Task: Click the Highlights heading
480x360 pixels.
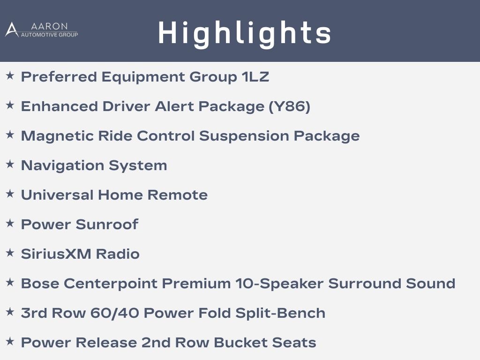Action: [245, 33]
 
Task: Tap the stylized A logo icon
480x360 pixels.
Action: [12, 30]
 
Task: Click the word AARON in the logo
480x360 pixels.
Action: [49, 26]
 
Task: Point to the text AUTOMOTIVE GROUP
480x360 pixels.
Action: [49, 35]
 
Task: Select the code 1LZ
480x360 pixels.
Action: [255, 77]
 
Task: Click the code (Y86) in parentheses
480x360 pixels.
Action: [289, 106]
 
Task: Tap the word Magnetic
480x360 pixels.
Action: [57, 136]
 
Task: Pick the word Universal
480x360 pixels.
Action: [57, 195]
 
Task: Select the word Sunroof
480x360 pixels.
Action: [107, 225]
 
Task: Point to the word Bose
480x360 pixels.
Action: [40, 284]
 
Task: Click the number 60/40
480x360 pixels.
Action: [114, 313]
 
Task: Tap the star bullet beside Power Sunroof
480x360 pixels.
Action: [10, 223]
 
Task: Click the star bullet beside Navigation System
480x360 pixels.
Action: [10, 164]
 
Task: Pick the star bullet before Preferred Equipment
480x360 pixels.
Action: [10, 75]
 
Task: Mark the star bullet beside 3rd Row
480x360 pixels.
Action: [10, 312]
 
